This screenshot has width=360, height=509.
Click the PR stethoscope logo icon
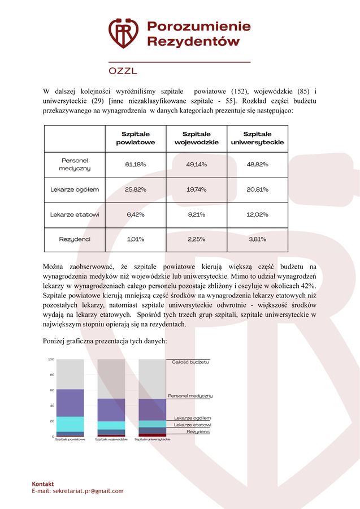pyautogui.click(x=123, y=33)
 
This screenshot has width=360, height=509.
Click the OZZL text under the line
pyautogui.click(x=123, y=71)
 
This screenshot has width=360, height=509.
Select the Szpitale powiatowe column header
pyautogui.click(x=136, y=138)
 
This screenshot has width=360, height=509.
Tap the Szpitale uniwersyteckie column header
pyautogui.click(x=257, y=138)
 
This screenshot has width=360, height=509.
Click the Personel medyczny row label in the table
pyautogui.click(x=75, y=165)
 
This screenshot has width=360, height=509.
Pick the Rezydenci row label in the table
pyautogui.click(x=75, y=239)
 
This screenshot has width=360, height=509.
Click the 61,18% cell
pyautogui.click(x=136, y=165)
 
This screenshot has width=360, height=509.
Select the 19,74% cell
pyautogui.click(x=197, y=189)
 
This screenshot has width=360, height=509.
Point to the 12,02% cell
pyautogui.click(x=257, y=214)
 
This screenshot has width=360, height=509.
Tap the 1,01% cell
pyautogui.click(x=136, y=239)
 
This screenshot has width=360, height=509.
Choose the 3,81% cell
pyautogui.click(x=257, y=239)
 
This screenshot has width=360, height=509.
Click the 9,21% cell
pyautogui.click(x=197, y=214)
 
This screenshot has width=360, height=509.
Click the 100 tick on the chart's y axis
pyautogui.click(x=51, y=360)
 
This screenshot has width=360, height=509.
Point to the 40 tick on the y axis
pyautogui.click(x=52, y=406)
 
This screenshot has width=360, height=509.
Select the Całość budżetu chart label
pyautogui.click(x=190, y=361)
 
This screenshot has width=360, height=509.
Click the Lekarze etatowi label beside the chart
pyautogui.click(x=192, y=425)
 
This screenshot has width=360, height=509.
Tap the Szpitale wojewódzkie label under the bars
pyautogui.click(x=111, y=439)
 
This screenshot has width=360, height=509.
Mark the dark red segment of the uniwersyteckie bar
pyautogui.click(x=152, y=435)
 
